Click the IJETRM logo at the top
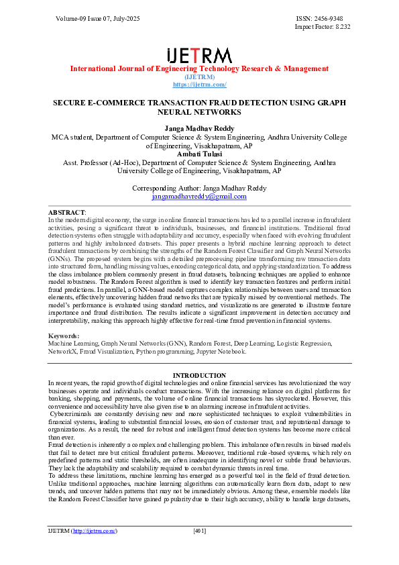199,55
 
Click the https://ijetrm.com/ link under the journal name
199,85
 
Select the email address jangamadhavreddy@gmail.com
199,196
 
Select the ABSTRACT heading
66,212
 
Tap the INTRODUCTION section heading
199,375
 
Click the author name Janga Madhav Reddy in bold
199,127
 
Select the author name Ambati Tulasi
199,154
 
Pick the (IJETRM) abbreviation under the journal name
199,77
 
